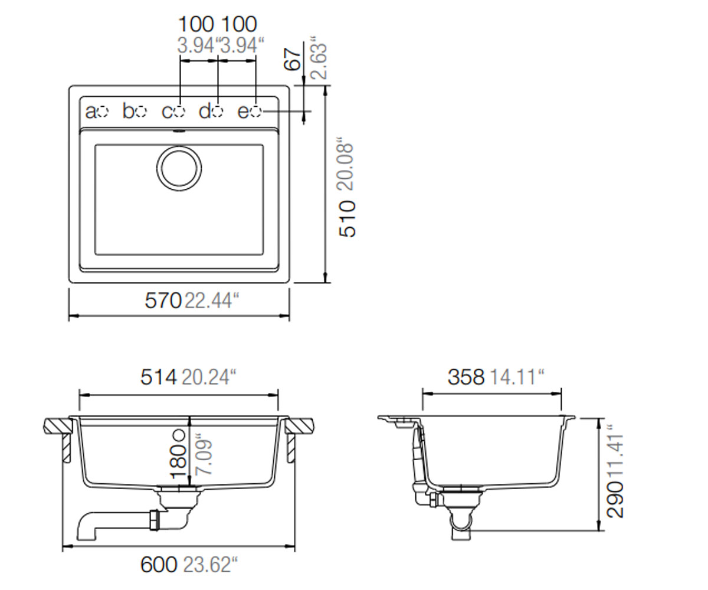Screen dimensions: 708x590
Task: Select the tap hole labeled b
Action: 141,112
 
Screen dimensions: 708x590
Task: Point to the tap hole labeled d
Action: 218,112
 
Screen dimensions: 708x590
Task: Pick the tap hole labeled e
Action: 256,112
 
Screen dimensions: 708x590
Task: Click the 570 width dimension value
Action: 163,300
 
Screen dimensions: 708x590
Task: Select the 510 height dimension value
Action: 348,219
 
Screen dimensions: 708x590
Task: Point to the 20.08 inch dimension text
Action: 346,164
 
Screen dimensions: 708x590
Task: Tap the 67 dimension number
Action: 293,60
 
